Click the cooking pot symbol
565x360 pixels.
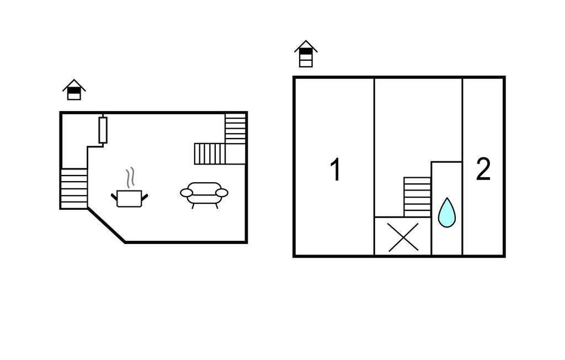tap(129, 198)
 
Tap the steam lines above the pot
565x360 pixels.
tap(130, 177)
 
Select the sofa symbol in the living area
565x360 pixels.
tap(204, 195)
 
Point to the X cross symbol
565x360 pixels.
tap(403, 237)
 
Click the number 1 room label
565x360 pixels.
tap(335, 170)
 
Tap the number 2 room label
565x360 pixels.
tap(483, 169)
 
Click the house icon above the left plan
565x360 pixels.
tap(74, 89)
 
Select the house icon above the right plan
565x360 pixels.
tap(306, 54)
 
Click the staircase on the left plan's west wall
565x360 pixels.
tap(74, 188)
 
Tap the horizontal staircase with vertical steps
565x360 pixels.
tap(210, 153)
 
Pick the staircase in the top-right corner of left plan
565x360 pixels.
tap(235, 129)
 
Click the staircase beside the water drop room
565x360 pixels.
tap(417, 197)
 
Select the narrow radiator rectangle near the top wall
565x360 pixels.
tap(103, 130)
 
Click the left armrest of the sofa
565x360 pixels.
tap(186, 193)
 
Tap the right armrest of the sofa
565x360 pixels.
tap(222, 193)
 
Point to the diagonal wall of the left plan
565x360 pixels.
tap(106, 225)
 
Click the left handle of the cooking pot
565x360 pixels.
tap(114, 197)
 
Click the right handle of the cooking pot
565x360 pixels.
tap(145, 197)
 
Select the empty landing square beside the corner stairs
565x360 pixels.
tap(236, 154)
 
